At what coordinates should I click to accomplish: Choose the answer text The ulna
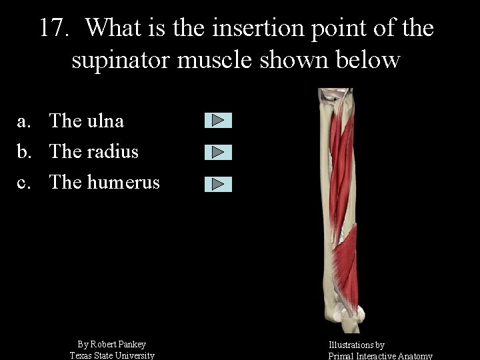(x=87, y=121)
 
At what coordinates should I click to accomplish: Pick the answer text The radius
(x=94, y=151)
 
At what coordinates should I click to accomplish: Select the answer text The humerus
(x=105, y=182)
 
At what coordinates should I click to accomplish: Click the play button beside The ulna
(x=218, y=121)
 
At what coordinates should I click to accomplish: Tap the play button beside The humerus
(x=218, y=184)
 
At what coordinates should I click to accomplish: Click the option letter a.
(x=23, y=121)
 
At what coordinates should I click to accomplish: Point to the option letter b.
(x=23, y=151)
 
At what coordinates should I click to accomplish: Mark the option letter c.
(x=23, y=183)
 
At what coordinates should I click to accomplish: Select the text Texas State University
(x=112, y=355)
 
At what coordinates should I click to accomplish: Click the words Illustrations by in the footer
(x=356, y=345)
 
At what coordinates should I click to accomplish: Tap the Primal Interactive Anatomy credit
(x=380, y=356)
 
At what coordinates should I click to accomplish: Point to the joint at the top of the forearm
(x=333, y=99)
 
